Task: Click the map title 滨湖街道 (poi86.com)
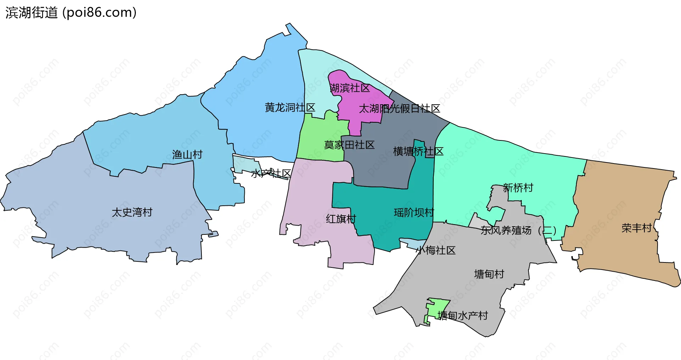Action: coord(71,13)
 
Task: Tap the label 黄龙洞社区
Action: coord(290,107)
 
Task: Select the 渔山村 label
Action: coord(187,155)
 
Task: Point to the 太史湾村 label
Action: coord(132,212)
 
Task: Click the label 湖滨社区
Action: coord(350,88)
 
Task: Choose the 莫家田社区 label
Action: coord(349,145)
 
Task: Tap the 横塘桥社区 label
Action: coord(418,152)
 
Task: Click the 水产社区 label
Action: coord(271,173)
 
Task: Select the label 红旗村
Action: coord(341,219)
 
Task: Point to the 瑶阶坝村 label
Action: coord(414,212)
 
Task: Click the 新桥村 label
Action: coord(518,188)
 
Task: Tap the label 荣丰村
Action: coord(637,228)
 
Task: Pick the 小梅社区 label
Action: coord(436,250)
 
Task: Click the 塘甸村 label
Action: coord(489,274)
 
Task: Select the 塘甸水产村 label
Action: coord(463,316)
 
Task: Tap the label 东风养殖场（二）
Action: coord(518,231)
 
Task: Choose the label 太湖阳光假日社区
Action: coord(399,109)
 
